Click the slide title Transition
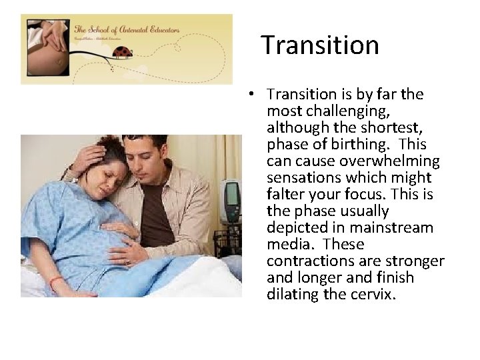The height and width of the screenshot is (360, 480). [319, 45]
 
